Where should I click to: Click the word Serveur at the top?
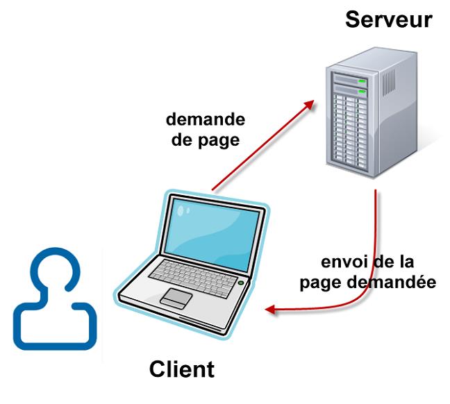click(388, 19)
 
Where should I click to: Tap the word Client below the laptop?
click(182, 368)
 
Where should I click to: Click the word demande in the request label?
click(205, 119)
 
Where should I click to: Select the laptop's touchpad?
click(177, 296)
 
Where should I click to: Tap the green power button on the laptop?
click(241, 283)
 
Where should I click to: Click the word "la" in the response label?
click(405, 264)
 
